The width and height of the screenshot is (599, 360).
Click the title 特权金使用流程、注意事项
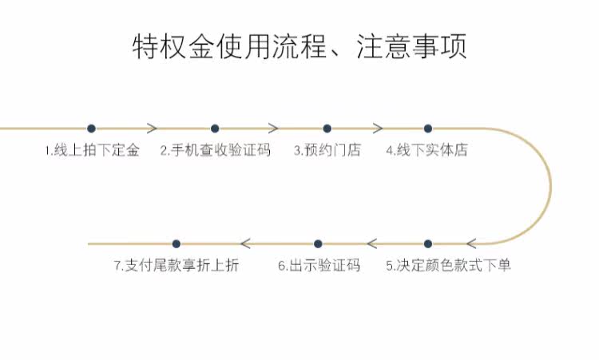(299, 46)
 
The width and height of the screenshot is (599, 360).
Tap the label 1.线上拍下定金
(92, 150)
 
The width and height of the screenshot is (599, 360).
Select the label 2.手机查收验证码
(215, 150)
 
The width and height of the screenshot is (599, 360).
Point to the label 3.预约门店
(327, 150)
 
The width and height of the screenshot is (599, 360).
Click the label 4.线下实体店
(426, 150)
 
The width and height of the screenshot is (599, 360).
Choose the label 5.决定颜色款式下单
(448, 266)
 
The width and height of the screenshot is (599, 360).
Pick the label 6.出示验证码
(319, 266)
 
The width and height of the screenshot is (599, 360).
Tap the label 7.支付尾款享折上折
(176, 266)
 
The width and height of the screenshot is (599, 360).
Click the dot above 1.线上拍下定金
(91, 129)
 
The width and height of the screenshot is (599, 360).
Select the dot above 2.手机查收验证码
(215, 129)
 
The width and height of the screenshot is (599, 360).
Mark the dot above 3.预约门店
(327, 129)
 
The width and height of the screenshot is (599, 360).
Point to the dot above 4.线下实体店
(428, 129)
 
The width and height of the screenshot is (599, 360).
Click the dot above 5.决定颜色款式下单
(428, 243)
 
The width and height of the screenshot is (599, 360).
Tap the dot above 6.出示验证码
(318, 243)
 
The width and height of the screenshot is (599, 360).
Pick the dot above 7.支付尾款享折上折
(177, 243)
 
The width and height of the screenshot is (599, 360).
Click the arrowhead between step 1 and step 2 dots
(152, 129)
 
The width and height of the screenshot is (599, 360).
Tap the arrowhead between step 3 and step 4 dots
(378, 129)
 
